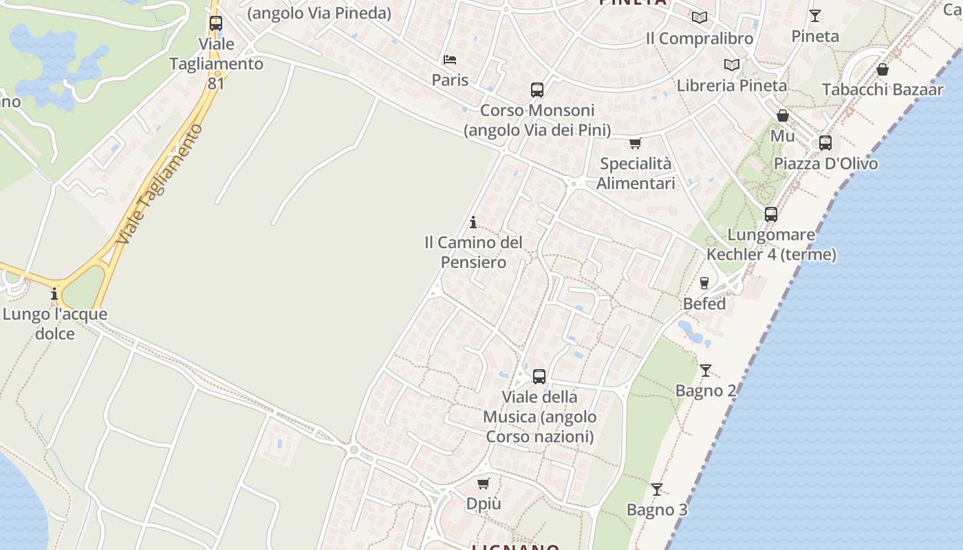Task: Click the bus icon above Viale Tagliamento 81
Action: click(x=216, y=23)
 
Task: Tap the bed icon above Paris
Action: click(x=450, y=60)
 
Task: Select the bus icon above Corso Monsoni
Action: click(x=537, y=90)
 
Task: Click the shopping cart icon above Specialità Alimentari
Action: click(x=635, y=144)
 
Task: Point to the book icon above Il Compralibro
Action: click(x=700, y=18)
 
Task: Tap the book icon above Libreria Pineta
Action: click(x=732, y=65)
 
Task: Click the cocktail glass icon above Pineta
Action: click(x=815, y=15)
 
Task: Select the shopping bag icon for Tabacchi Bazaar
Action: click(x=883, y=69)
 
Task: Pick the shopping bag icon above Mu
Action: click(x=782, y=115)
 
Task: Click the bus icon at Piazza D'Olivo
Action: click(x=825, y=143)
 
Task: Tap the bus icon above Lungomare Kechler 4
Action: click(x=771, y=214)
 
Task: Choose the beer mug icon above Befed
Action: click(x=704, y=283)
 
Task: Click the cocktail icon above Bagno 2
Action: click(x=706, y=371)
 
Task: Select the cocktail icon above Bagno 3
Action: click(x=657, y=489)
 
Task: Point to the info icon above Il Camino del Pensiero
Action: click(x=473, y=222)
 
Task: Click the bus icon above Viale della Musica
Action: click(x=539, y=377)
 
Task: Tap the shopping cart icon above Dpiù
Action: click(x=484, y=483)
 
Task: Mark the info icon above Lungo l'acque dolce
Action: click(x=54, y=294)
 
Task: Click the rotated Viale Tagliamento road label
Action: click(x=160, y=184)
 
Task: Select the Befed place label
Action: click(x=704, y=304)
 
